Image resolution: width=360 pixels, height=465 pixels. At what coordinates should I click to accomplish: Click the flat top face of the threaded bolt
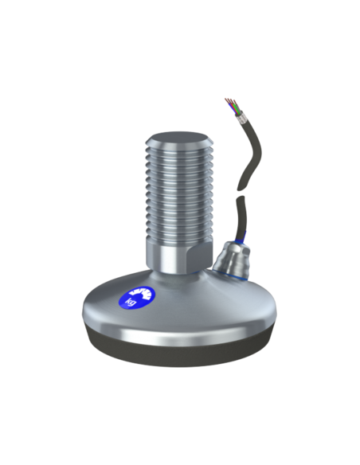pyautogui.click(x=178, y=139)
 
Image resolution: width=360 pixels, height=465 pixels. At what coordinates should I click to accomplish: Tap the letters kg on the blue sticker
pyautogui.click(x=131, y=301)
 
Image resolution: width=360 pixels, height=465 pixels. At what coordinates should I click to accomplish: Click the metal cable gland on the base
pyautogui.click(x=232, y=260)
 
